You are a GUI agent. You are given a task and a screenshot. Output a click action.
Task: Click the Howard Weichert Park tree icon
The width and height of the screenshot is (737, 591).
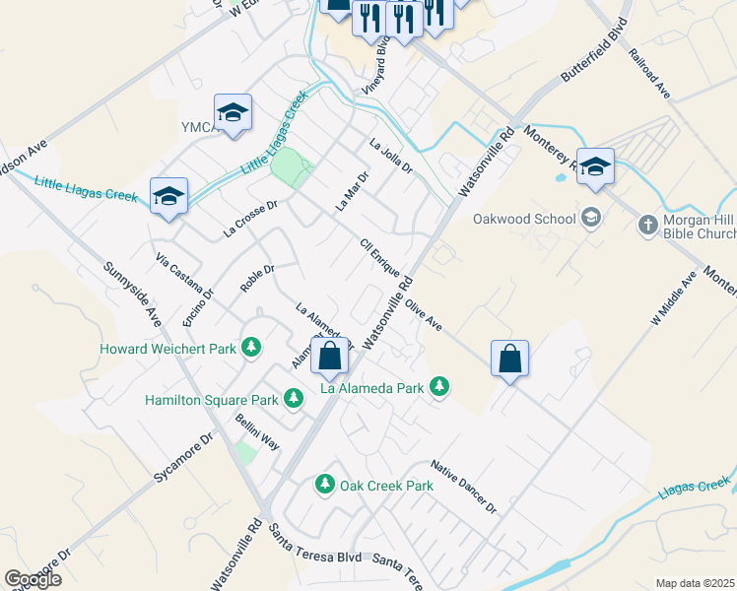click(252, 348)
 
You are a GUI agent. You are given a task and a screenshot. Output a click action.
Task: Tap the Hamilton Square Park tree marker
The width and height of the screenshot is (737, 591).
click(293, 399)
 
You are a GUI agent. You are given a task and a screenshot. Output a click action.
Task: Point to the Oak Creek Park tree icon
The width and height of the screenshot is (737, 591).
click(323, 485)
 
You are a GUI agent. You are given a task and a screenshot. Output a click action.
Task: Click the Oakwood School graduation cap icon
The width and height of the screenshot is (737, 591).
click(591, 218)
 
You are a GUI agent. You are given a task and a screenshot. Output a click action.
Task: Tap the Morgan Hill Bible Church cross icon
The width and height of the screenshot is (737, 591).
click(648, 226)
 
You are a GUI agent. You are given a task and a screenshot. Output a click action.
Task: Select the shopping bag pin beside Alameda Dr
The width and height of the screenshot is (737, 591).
click(330, 357)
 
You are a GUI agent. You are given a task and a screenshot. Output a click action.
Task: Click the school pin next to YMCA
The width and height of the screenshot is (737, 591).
click(233, 113)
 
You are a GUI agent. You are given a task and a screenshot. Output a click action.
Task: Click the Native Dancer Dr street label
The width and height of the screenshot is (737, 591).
click(463, 486)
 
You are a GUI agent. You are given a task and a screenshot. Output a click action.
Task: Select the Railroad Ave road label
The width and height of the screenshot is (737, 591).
click(649, 73)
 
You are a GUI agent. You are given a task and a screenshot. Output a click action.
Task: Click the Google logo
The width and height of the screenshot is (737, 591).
click(33, 578)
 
